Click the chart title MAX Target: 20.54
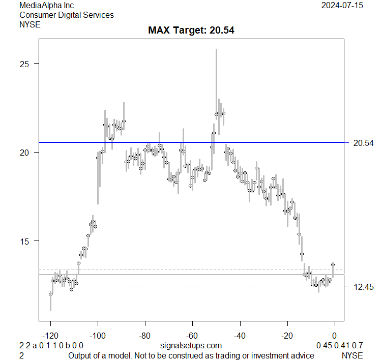click(191, 30)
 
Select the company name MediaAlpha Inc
click(47, 5)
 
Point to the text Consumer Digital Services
click(67, 15)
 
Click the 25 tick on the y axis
click(24, 64)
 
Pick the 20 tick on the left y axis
click(24, 152)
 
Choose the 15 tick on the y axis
click(24, 241)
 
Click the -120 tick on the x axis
click(50, 336)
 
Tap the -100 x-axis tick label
click(98, 336)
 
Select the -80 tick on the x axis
click(145, 336)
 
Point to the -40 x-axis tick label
click(240, 336)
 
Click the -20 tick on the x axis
click(287, 336)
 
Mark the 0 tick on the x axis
click(335, 336)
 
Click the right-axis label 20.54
click(363, 143)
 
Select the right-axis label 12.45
click(363, 287)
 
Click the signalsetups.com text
click(191, 346)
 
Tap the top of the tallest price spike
click(216, 50)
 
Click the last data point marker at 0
click(333, 264)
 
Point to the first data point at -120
click(50, 294)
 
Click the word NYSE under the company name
click(30, 24)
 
